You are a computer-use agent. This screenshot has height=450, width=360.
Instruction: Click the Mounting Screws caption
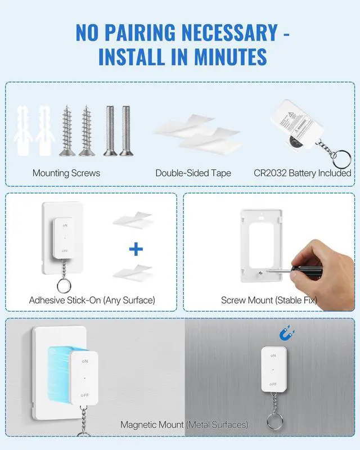[x=66, y=173]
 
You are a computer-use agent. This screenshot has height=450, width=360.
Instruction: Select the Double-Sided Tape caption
[x=193, y=173]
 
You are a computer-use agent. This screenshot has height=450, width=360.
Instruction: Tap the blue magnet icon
[x=286, y=335]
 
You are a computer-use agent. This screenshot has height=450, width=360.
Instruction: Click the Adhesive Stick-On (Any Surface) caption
[x=92, y=300]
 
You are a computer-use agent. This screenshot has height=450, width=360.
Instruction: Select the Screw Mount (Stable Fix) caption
[x=269, y=300]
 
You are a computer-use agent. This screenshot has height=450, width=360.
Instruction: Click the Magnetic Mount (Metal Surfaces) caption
[x=184, y=425]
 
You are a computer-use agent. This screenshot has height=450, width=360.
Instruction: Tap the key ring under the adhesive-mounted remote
[x=64, y=283]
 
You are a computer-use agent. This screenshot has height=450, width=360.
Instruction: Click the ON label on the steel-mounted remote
[x=273, y=356]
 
